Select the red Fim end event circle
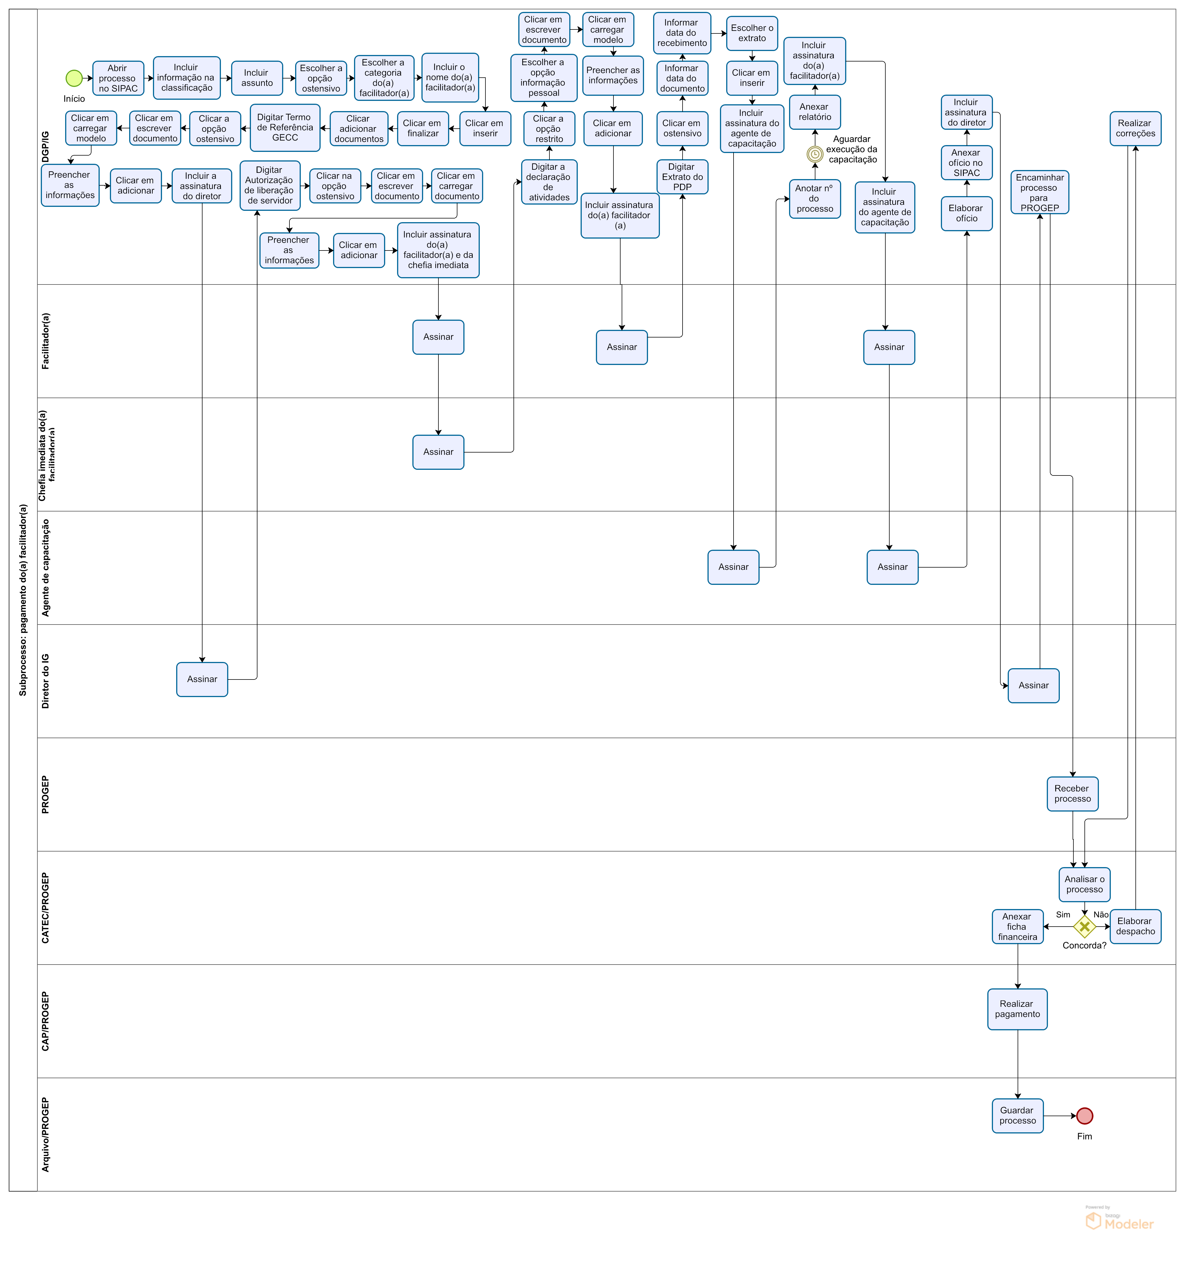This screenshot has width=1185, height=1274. [x=1084, y=1116]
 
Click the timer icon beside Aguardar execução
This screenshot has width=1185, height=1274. [x=815, y=154]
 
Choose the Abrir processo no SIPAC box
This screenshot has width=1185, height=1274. [x=118, y=78]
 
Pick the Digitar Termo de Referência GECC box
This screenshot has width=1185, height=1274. [x=285, y=128]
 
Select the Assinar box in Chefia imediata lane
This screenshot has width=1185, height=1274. [x=438, y=452]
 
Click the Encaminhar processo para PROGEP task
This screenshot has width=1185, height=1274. [x=1040, y=192]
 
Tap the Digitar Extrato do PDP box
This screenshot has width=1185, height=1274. [x=682, y=177]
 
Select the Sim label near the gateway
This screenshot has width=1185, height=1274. [x=1063, y=914]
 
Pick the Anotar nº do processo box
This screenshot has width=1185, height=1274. [x=815, y=199]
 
